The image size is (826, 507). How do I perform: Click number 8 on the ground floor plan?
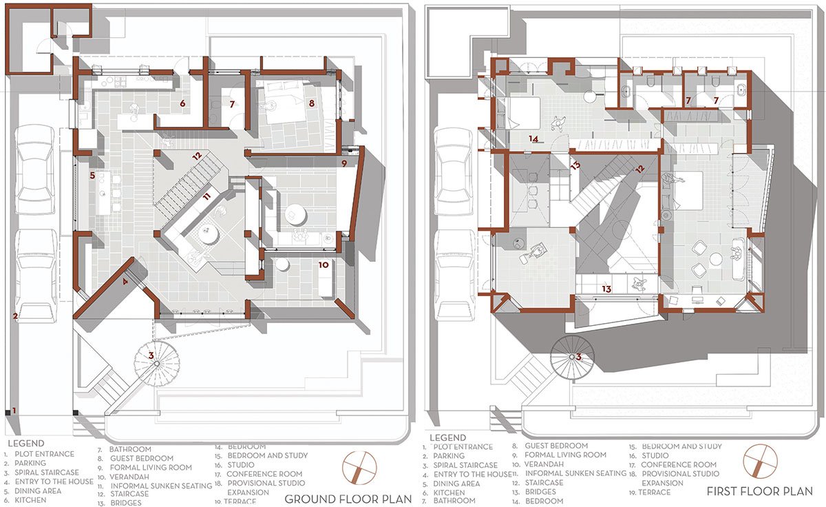pos(312,104)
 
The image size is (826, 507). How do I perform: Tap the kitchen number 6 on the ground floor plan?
pos(183,104)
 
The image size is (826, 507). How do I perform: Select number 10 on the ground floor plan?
pos(322,264)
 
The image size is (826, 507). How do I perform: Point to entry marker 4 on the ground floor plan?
pos(125,281)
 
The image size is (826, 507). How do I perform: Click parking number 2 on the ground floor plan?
pos(14,317)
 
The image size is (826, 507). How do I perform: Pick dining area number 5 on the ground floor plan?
pos(92,176)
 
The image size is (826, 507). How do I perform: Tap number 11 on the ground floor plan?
pos(206,197)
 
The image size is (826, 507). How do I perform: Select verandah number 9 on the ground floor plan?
pos(344,163)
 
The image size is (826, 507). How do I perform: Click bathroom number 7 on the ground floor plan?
pos(233,105)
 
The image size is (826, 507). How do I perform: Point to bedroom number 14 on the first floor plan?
pos(533,138)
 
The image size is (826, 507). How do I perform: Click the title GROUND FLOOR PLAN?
pos(348,498)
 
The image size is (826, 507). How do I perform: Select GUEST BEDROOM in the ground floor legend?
pos(141,458)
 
